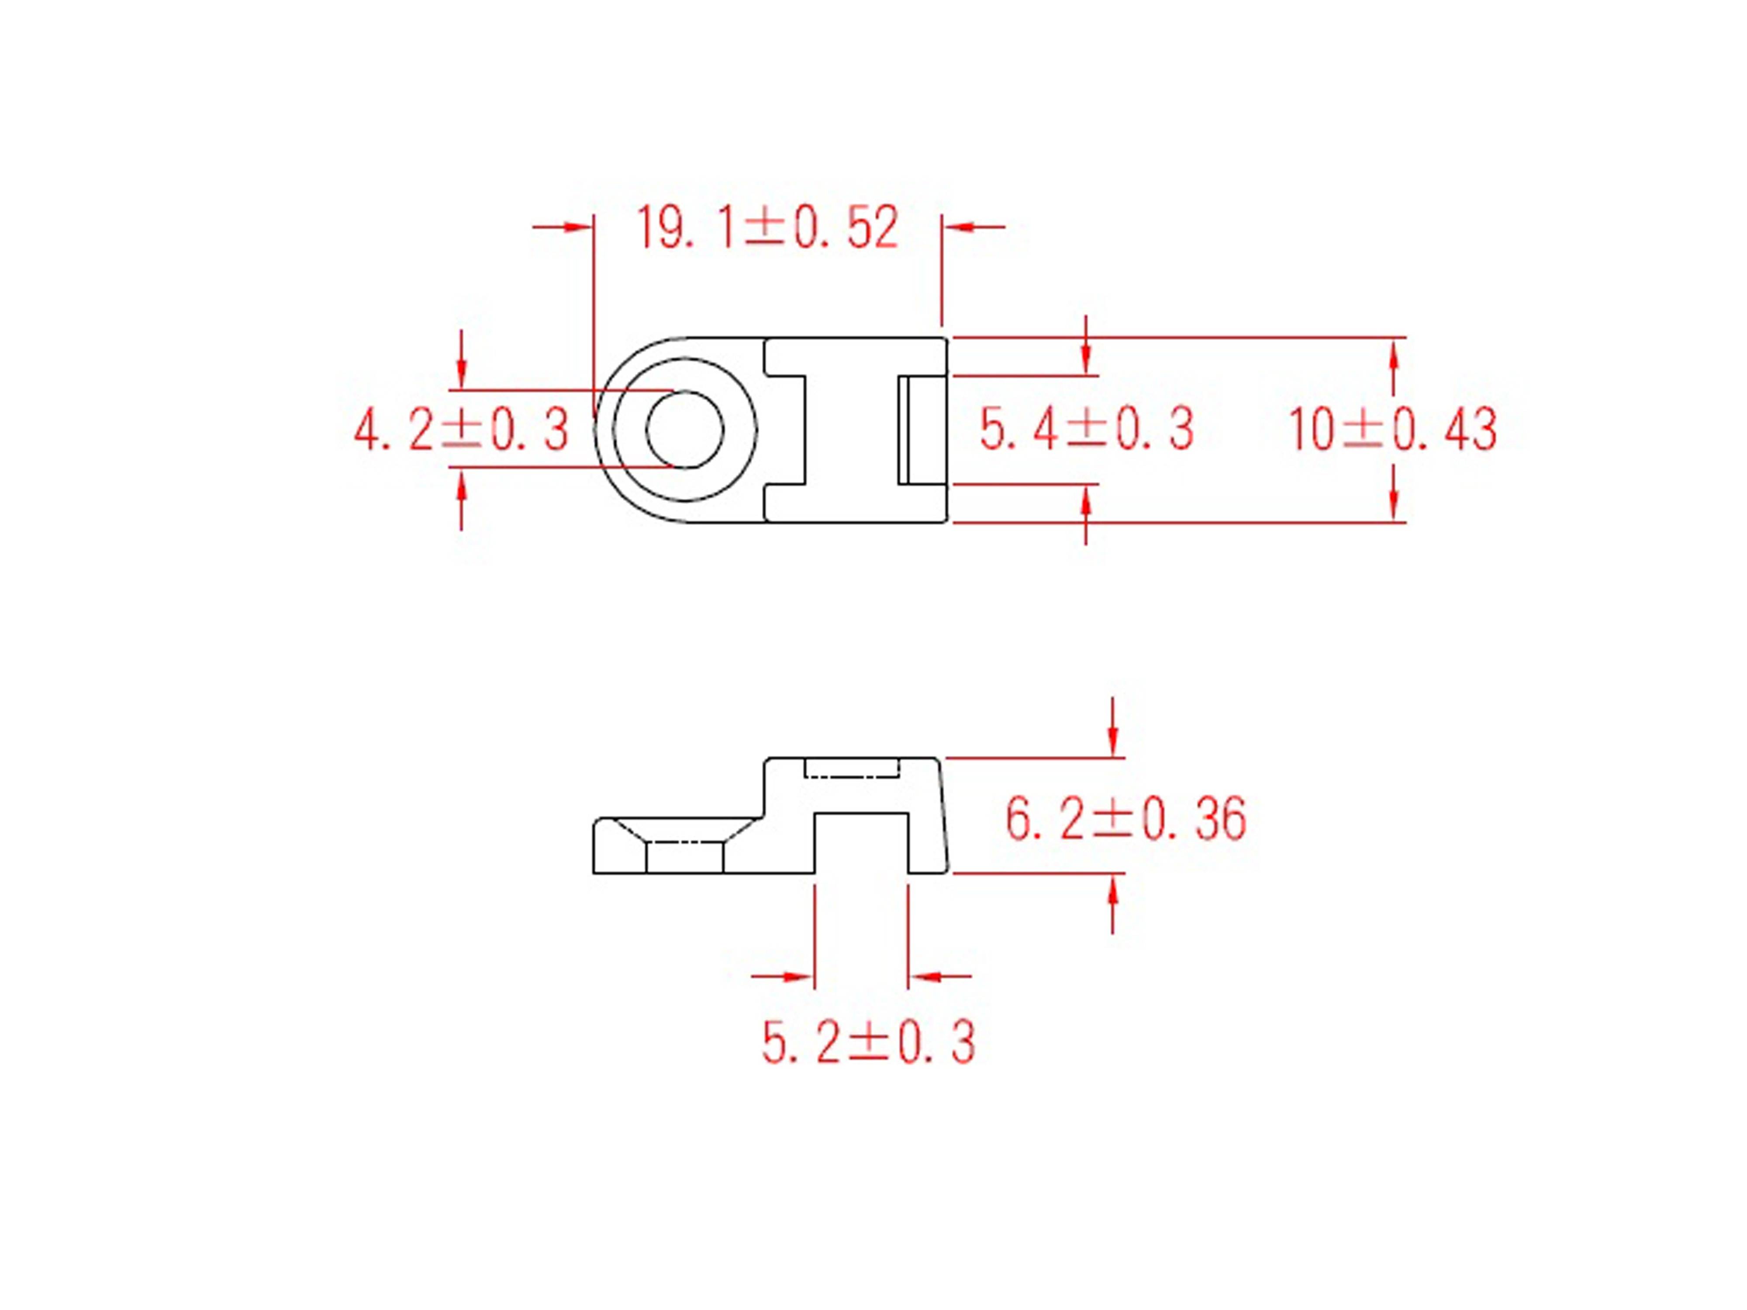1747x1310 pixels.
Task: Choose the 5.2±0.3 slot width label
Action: (x=868, y=1042)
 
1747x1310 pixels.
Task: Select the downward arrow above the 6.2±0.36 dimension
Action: (x=1113, y=741)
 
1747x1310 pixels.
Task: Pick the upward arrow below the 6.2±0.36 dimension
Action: (x=1113, y=892)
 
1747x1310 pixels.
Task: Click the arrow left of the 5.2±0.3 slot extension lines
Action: (x=798, y=977)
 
